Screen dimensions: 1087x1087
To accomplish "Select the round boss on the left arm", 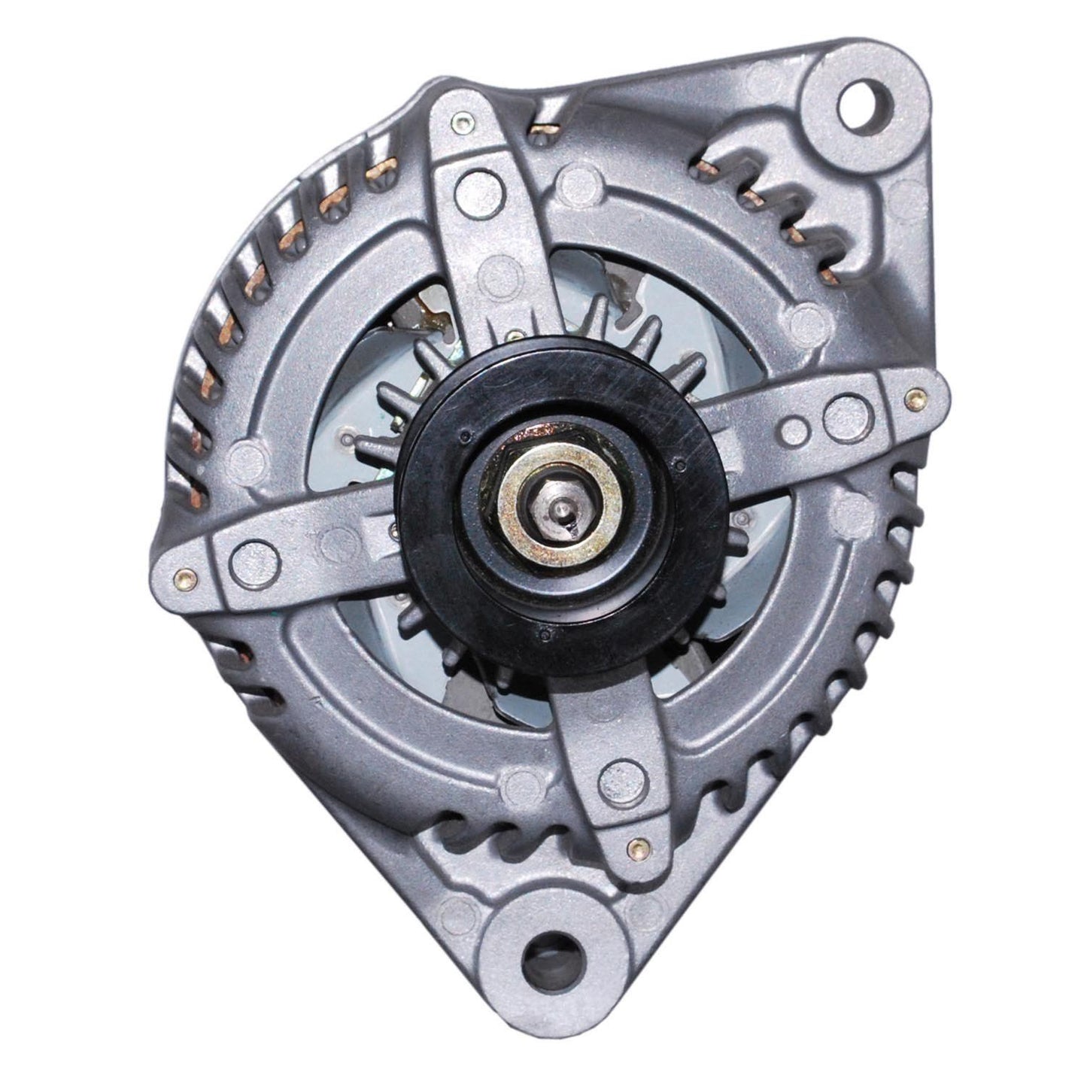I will (x=247, y=554).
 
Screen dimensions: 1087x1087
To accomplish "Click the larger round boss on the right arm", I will (x=840, y=411).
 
